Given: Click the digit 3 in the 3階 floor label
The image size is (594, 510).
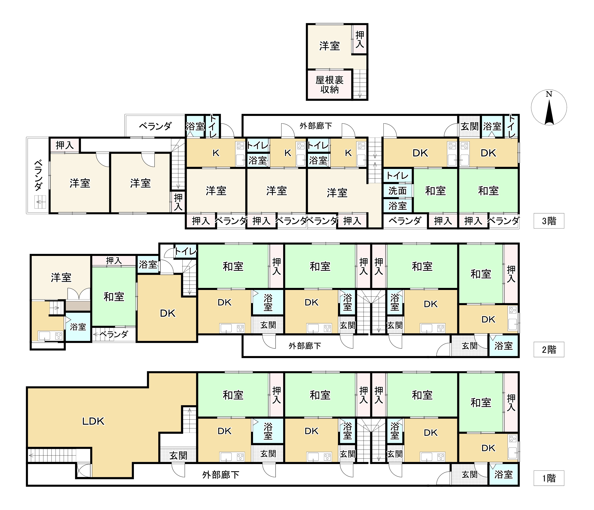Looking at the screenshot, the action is click(544, 221).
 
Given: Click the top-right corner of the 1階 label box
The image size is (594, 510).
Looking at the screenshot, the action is click(564, 471).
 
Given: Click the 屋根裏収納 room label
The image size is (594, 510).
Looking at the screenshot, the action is click(329, 84).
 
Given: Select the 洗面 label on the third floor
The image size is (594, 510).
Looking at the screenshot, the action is click(397, 191).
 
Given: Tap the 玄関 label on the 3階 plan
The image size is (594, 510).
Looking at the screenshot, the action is click(469, 126).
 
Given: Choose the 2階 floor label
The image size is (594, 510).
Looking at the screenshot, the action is click(549, 349).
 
